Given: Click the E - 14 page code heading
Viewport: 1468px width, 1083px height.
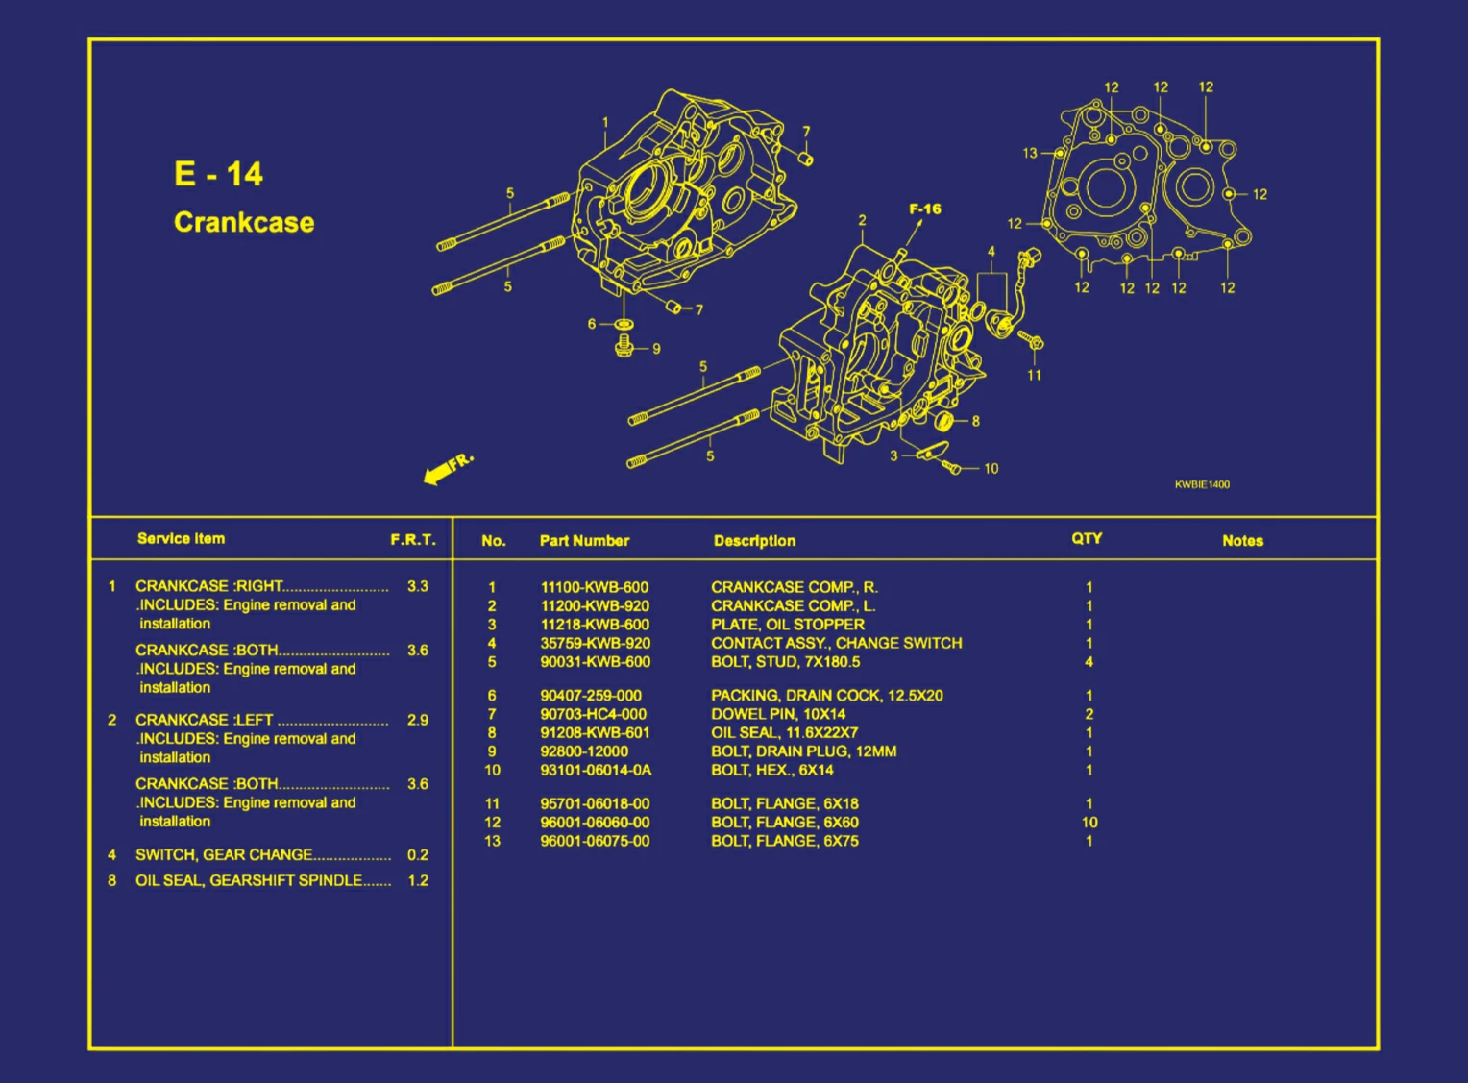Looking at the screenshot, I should (x=218, y=174).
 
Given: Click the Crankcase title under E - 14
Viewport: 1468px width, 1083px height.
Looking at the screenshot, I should (x=244, y=222).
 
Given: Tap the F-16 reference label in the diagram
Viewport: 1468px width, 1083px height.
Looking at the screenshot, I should (x=924, y=209).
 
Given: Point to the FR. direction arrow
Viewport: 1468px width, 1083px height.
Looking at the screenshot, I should (x=447, y=468).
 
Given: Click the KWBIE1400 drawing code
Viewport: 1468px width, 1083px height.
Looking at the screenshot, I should (x=1201, y=484).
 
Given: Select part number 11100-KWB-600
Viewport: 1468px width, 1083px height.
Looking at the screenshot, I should (x=594, y=587).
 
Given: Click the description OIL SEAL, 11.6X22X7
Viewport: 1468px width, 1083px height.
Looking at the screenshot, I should (x=784, y=732).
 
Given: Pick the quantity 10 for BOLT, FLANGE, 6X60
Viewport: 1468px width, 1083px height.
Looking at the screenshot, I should (x=1089, y=823).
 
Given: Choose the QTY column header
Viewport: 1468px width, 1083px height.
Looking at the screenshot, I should (x=1087, y=539).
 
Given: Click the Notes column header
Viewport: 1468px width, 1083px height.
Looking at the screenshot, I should (x=1242, y=541).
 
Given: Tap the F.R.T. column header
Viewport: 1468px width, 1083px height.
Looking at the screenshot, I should (x=412, y=540).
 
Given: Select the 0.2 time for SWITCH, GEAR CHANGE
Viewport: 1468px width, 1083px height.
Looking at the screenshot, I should (x=417, y=854).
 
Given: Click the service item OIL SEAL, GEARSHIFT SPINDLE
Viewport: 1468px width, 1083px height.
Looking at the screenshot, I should (x=249, y=880).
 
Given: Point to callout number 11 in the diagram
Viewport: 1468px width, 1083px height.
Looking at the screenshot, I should (x=1034, y=375).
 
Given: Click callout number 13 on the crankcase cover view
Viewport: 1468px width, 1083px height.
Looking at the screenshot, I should (x=1029, y=153).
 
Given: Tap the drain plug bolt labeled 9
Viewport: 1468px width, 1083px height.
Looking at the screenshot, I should (x=624, y=344).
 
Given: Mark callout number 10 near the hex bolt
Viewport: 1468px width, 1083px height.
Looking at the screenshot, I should (x=991, y=469).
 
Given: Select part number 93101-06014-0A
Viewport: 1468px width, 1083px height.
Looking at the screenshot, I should (x=595, y=770).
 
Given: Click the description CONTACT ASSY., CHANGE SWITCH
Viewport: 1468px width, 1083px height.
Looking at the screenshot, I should (x=836, y=643).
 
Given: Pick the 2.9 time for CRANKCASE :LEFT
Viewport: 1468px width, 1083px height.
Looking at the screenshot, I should (x=417, y=720).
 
